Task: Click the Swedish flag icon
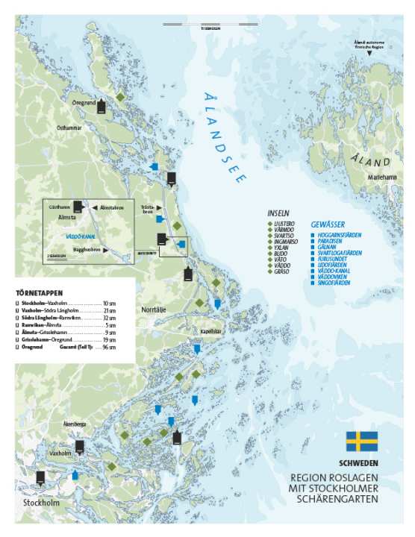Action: [361, 441]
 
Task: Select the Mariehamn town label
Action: [381, 178]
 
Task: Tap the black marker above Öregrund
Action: [102, 104]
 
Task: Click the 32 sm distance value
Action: [109, 318]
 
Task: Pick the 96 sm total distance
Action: [109, 348]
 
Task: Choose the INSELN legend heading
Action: [278, 213]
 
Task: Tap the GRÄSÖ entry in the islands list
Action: [283, 272]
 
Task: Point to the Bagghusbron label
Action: [86, 250]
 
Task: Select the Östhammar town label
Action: [68, 128]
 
